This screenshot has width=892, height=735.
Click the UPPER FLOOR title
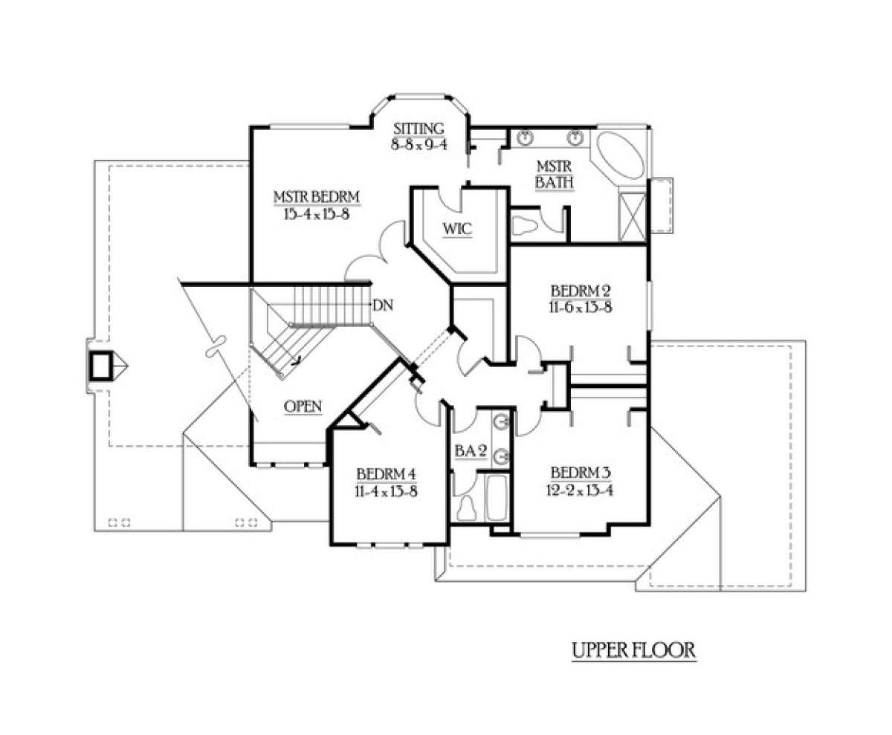click(634, 650)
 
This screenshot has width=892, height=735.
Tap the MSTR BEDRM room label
click(317, 197)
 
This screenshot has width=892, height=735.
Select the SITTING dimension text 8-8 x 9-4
click(419, 145)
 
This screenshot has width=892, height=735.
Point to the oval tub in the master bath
click(619, 155)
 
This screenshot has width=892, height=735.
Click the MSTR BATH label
click(554, 174)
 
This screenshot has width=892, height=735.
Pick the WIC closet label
click(458, 229)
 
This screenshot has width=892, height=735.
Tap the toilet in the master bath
click(524, 225)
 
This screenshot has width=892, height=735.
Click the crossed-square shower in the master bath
click(633, 217)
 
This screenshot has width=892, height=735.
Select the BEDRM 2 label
click(581, 291)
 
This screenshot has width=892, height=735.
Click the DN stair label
click(383, 305)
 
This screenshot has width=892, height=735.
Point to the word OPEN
click(303, 407)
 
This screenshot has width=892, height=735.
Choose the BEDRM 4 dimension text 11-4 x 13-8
click(386, 491)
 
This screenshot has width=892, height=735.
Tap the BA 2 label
click(471, 451)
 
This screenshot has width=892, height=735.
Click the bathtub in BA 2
click(497, 497)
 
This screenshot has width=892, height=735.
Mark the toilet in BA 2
click(467, 508)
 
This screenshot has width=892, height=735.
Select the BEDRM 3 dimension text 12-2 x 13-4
click(580, 490)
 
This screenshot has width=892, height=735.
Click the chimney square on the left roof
click(101, 366)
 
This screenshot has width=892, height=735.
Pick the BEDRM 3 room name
click(581, 473)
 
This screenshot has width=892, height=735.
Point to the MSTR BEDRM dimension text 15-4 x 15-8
click(317, 214)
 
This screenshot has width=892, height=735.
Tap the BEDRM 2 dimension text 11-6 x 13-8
click(581, 308)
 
